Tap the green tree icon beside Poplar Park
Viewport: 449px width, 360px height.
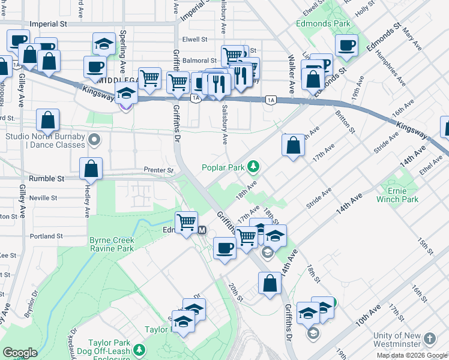coord(254,166)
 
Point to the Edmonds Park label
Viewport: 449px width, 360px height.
coord(322,23)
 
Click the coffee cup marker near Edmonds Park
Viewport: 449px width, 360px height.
coord(346,45)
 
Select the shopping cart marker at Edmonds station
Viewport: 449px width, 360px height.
coord(187,221)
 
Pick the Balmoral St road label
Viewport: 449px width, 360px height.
coord(200,61)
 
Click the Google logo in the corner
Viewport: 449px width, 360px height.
coord(19,353)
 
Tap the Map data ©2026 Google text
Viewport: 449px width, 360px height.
coord(412,355)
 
